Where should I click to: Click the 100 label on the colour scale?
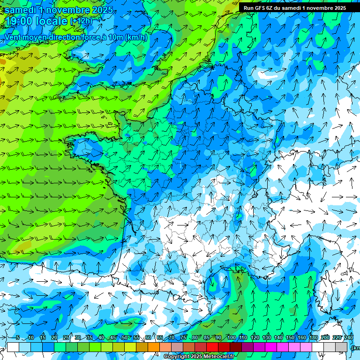(x=231, y=337)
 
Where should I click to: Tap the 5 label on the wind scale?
(x=17, y=337)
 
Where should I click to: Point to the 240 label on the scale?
(x=348, y=337)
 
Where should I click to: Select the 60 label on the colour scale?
(x=148, y=337)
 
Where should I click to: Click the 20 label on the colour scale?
(x=54, y=337)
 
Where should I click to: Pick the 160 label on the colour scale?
(x=302, y=337)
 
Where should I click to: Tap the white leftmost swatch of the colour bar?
(x=13, y=347)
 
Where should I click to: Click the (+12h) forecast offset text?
(x=82, y=21)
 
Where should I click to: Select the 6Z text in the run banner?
(x=271, y=8)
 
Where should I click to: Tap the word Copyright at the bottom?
(x=176, y=357)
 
